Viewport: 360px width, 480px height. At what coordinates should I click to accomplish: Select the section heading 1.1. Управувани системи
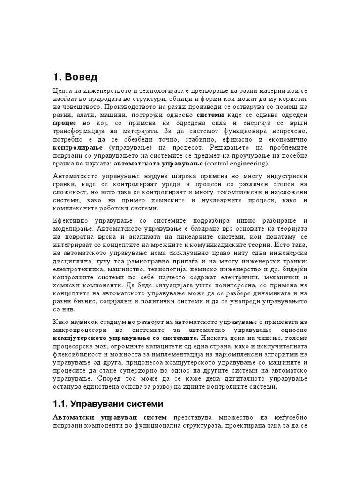coord(107,403)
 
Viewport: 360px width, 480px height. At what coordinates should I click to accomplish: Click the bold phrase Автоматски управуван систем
coord(110,417)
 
